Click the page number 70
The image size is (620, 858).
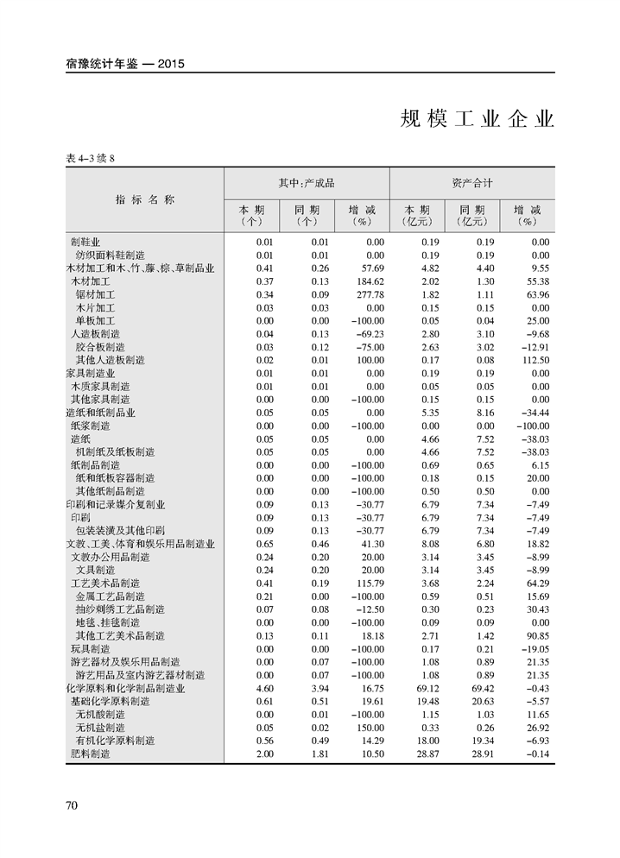[72, 805]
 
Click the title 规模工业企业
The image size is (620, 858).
[477, 119]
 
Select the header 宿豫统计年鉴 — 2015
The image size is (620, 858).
[126, 63]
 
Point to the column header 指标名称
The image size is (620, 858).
[145, 200]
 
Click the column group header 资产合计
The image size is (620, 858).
[471, 183]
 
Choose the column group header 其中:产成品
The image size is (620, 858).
[306, 183]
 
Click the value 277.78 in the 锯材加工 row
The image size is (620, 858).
[366, 294]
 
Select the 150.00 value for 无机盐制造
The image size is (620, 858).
[366, 728]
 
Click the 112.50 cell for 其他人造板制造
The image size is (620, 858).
[532, 360]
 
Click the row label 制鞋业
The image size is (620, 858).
[85, 242]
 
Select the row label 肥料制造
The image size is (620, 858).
[91, 754]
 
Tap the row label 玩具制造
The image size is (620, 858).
[91, 649]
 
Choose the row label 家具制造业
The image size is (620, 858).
[91, 373]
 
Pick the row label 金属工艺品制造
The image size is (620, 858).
[111, 596]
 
